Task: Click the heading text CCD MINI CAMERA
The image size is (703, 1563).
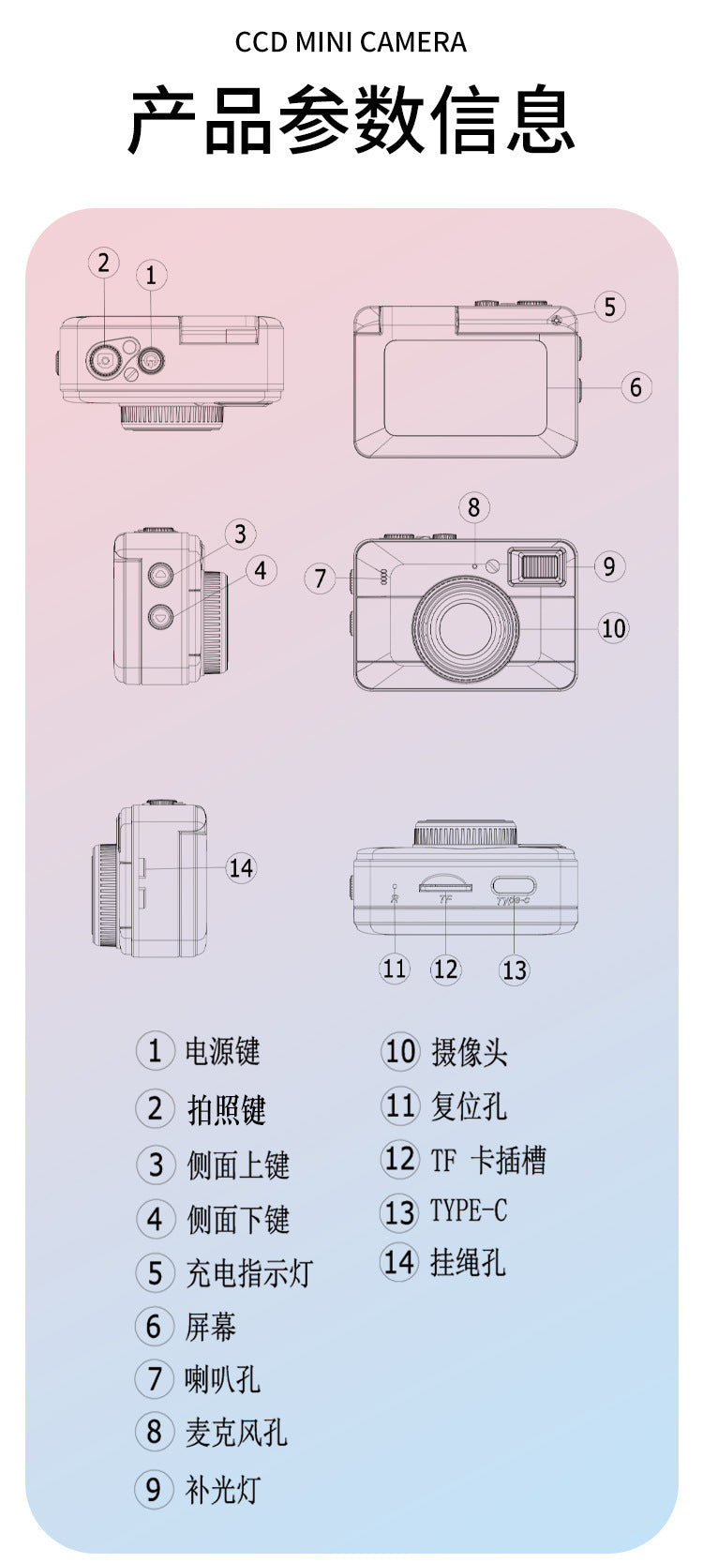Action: pyautogui.click(x=351, y=42)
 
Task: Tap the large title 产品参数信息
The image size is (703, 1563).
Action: pyautogui.click(x=351, y=119)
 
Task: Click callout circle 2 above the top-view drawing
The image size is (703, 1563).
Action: pyautogui.click(x=104, y=263)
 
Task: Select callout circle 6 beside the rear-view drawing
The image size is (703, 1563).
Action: pyautogui.click(x=636, y=386)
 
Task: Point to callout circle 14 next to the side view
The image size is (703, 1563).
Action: pyautogui.click(x=241, y=868)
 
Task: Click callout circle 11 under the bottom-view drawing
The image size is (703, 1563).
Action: pyautogui.click(x=394, y=969)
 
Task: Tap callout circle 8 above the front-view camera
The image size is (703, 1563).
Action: pyautogui.click(x=474, y=507)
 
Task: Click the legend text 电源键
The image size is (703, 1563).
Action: pyautogui.click(x=222, y=1051)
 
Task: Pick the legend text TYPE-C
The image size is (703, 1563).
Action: pyautogui.click(x=469, y=1210)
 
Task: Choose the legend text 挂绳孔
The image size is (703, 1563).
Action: pyautogui.click(x=468, y=1262)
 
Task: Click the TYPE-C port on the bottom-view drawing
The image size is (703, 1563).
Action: pyautogui.click(x=514, y=887)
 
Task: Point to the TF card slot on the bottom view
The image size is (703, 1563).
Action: pyautogui.click(x=445, y=884)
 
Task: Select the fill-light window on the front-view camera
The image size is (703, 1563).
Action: pyautogui.click(x=543, y=565)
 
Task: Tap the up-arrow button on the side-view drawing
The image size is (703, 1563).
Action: pyautogui.click(x=160, y=574)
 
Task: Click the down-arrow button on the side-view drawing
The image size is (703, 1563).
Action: pyautogui.click(x=160, y=616)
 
